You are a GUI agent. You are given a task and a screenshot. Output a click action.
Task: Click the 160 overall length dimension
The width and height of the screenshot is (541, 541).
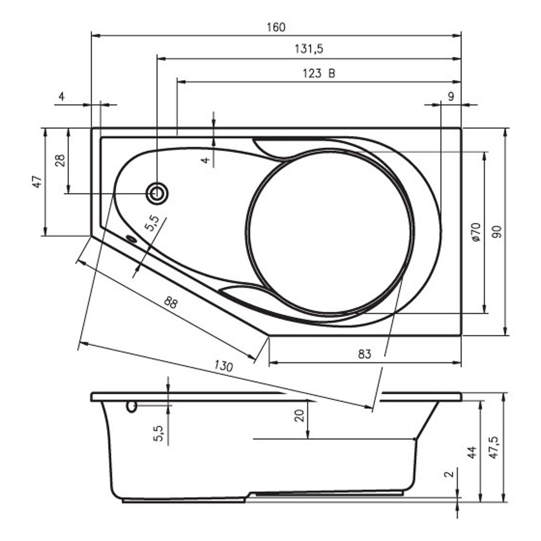[276, 27]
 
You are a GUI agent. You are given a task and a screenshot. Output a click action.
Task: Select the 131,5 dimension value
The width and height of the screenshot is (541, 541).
[309, 49]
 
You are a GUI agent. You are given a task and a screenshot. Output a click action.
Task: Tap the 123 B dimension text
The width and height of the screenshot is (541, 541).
[319, 74]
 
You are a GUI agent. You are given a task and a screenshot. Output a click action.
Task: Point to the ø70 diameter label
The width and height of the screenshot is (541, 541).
[476, 232]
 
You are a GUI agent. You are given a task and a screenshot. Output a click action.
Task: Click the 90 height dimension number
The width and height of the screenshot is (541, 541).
[497, 232]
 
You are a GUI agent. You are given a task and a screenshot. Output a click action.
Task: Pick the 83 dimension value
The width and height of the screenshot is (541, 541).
[364, 354]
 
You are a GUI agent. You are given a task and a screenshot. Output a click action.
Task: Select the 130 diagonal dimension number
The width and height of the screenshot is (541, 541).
[223, 365]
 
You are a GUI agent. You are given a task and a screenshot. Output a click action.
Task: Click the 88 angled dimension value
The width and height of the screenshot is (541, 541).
[171, 302]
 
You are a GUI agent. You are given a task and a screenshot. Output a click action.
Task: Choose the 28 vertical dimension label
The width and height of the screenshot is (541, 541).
[60, 161]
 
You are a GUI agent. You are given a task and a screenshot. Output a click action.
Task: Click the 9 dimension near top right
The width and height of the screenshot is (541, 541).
[451, 97]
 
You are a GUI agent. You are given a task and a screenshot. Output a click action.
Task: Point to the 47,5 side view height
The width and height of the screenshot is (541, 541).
[494, 447]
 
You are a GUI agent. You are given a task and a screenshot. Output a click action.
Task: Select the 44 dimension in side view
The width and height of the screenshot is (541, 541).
[472, 452]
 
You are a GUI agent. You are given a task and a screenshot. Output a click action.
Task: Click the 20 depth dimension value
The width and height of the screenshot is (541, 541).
[300, 415]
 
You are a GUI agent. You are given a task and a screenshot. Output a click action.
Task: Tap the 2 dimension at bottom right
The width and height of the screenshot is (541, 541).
[448, 474]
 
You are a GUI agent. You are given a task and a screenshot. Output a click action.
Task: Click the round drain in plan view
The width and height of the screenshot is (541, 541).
[157, 193]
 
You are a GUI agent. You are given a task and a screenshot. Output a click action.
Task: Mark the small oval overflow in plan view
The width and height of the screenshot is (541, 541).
[131, 239]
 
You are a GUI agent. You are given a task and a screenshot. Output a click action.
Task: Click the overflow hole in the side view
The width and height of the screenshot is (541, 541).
[131, 406]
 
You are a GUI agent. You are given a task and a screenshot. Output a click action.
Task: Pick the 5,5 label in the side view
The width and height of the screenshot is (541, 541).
[158, 433]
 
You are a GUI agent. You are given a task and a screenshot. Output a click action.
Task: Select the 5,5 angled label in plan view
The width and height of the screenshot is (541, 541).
[152, 223]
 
